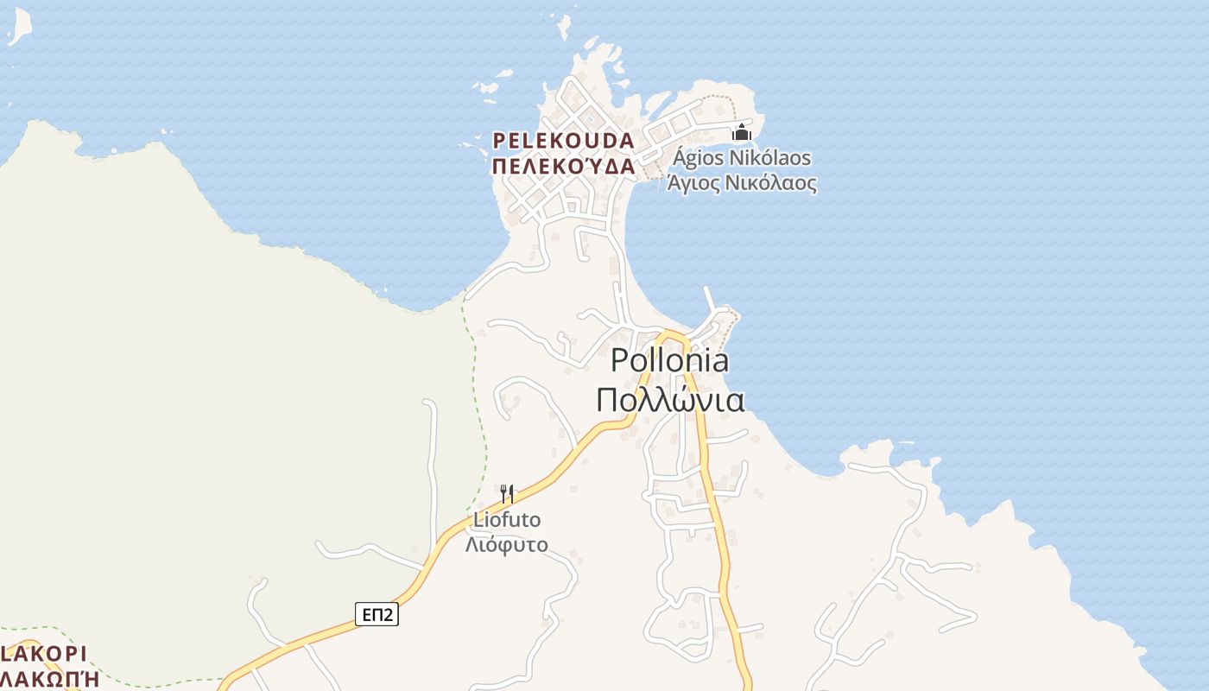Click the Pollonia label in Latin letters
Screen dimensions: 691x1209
point(669,361)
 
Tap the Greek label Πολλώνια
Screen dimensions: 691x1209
point(669,400)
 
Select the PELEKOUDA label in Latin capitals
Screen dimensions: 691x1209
point(563,140)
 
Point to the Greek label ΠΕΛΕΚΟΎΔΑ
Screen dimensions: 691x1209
point(563,166)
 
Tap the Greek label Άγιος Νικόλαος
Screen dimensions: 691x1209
point(742,183)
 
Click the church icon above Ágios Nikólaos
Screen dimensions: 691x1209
point(742,133)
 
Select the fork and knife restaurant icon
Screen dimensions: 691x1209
point(507,494)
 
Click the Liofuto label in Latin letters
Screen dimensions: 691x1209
point(507,520)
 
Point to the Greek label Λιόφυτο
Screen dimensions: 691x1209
point(507,545)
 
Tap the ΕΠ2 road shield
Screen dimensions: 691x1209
point(377,615)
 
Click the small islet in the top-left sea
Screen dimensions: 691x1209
point(19,26)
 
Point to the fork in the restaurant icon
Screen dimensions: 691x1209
point(503,494)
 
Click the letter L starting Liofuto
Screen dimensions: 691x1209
point(478,520)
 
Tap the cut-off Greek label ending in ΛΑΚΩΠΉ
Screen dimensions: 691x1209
point(49,679)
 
